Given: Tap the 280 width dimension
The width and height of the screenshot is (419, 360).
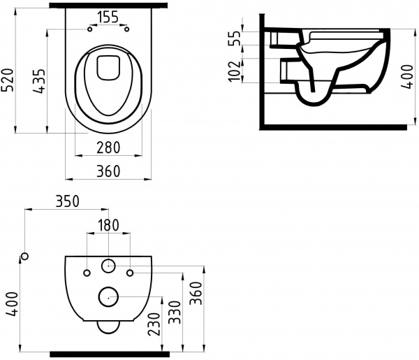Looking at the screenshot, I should point(108,147).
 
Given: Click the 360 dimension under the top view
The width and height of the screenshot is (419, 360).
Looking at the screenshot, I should point(108,171).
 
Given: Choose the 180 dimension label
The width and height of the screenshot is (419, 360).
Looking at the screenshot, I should point(108,225).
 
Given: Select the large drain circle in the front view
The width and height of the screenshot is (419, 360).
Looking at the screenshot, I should point(108,296).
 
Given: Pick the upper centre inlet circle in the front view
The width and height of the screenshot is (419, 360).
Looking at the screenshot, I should point(108,266).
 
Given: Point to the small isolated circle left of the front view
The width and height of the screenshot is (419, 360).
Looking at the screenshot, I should point(25,257).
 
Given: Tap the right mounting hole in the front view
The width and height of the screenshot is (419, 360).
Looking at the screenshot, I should point(131,271).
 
